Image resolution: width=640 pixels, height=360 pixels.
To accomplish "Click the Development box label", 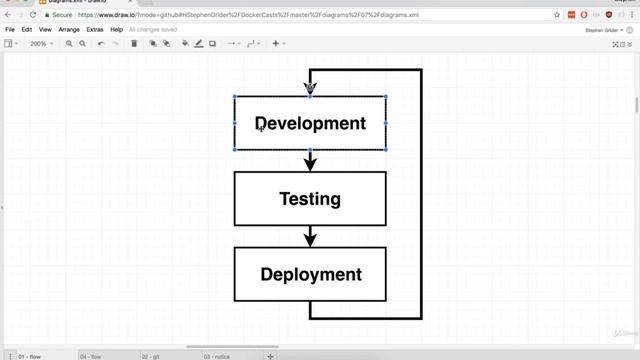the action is pyautogui.click(x=310, y=124).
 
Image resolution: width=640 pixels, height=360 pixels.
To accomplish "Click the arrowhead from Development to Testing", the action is pyautogui.click(x=310, y=162).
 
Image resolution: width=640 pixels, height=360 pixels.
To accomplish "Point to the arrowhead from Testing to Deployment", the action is pyautogui.click(x=310, y=238).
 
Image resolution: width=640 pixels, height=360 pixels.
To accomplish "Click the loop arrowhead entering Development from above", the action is pyautogui.click(x=310, y=89).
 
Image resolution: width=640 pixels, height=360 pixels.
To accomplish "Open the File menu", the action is pyautogui.click(x=10, y=30).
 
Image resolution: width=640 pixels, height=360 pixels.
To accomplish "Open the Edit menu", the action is pyautogui.click(x=27, y=30).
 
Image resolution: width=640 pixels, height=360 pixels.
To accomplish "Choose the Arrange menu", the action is pyautogui.click(x=69, y=30).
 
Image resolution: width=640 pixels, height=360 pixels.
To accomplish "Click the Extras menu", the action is pyautogui.click(x=95, y=30).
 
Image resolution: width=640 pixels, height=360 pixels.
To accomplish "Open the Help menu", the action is pyautogui.click(x=117, y=30).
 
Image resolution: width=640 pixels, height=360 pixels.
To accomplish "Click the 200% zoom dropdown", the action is pyautogui.click(x=40, y=44).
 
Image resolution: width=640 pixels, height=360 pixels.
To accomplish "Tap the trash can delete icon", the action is pyautogui.click(x=134, y=44).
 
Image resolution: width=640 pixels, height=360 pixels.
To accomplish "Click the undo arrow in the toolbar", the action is pyautogui.click(x=101, y=44).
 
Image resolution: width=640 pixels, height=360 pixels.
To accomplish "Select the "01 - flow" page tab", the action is pyautogui.click(x=30, y=356).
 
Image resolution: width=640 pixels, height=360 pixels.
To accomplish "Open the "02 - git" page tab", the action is pyautogui.click(x=152, y=356).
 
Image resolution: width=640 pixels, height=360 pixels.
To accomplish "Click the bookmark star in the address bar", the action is pyautogui.click(x=557, y=16).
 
